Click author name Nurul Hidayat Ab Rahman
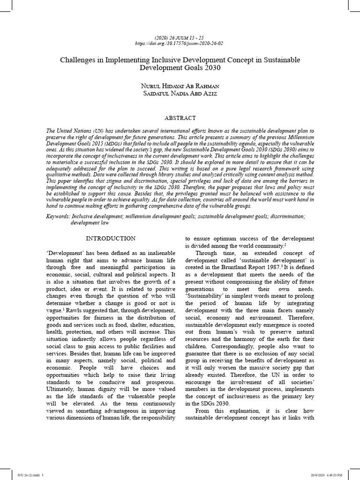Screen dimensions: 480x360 [180, 86]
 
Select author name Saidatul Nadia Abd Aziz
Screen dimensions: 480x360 [180, 94]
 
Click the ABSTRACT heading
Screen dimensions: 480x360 [180, 118]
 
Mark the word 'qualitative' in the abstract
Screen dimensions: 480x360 [60, 172]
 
